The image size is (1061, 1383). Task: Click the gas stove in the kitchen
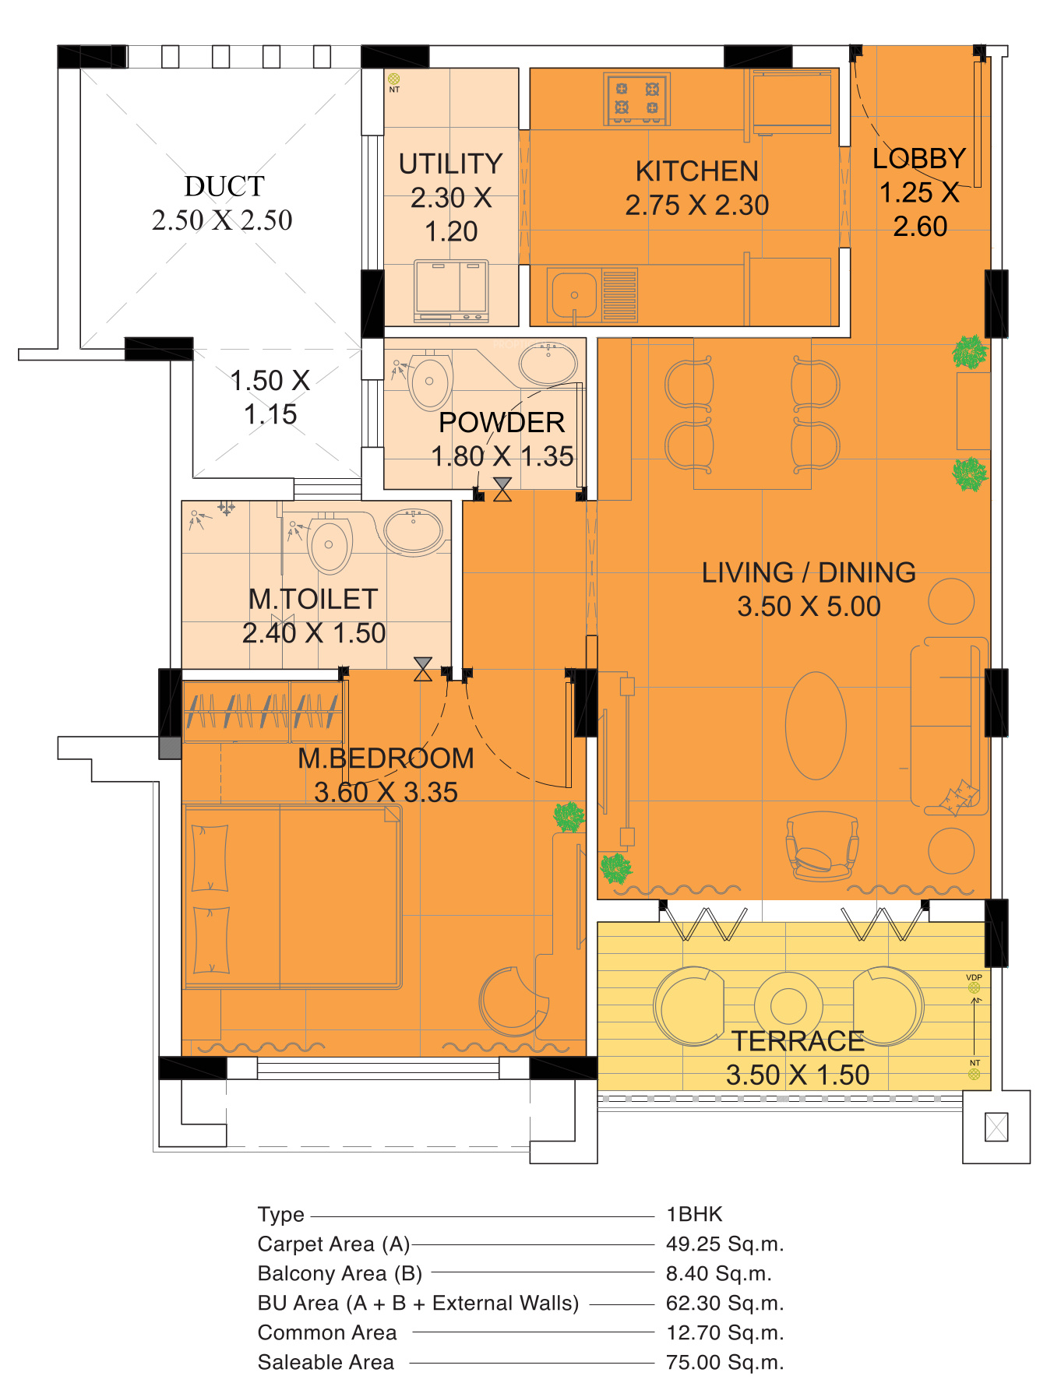[x=637, y=99]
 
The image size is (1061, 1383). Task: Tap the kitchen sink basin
[x=574, y=294]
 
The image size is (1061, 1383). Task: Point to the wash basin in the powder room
[x=548, y=363]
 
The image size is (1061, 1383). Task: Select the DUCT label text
[x=224, y=187]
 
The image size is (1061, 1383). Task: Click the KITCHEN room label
[x=697, y=171]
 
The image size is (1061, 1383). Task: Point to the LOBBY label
[x=919, y=159]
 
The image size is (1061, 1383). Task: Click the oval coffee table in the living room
[x=816, y=726]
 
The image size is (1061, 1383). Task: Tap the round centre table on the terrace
[x=788, y=1005]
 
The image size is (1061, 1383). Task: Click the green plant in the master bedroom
[x=569, y=817]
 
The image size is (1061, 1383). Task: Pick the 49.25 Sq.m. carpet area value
[x=724, y=1244]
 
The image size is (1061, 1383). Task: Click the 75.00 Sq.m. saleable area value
[x=724, y=1363]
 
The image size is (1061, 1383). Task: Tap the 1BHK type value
[x=695, y=1215]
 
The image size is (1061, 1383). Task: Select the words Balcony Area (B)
[x=340, y=1274]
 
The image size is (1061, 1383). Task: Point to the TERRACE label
[x=798, y=1041]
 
